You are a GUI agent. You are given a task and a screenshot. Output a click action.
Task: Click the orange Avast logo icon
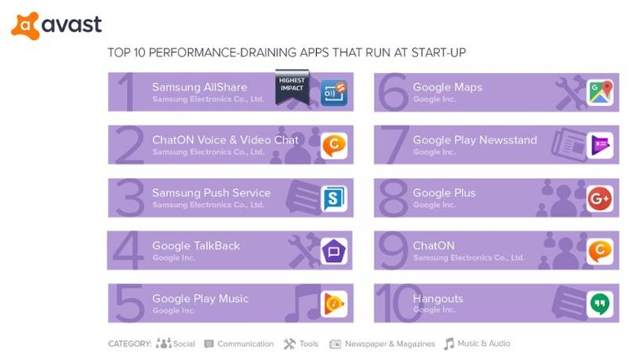coord(25,26)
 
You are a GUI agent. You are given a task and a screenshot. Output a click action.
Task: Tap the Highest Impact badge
coord(292,86)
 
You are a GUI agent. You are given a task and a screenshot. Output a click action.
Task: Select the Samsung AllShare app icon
coord(334,93)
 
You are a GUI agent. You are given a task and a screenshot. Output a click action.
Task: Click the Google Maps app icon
coord(600,93)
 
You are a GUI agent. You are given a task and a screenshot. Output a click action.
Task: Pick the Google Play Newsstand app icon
coord(600,145)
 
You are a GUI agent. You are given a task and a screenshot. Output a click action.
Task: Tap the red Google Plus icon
coord(600,198)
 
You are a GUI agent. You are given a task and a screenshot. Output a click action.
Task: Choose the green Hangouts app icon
coord(600,304)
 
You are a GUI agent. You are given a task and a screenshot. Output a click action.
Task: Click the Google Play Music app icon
coord(334,304)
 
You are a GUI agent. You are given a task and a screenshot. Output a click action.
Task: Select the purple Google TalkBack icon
coord(334,251)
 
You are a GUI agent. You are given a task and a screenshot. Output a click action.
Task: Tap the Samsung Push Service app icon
coord(334,198)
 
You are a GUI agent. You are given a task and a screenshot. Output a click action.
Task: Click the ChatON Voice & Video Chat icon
coord(334,145)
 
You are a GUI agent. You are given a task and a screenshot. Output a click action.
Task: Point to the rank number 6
coord(394,93)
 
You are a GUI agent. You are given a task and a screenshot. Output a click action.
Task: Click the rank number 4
coord(128,250)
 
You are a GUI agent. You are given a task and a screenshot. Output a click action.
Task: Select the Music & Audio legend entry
coord(478,344)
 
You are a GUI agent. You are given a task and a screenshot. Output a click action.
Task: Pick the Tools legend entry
coord(300,344)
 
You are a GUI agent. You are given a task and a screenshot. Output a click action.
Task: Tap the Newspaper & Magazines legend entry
coord(382,344)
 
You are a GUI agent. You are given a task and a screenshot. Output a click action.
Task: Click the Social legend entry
coord(176,344)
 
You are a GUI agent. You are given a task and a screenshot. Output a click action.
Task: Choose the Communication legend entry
coord(239,344)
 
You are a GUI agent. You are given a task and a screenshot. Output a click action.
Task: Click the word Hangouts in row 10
coord(438,299)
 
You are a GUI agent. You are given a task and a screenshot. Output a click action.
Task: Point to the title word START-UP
coord(438,53)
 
